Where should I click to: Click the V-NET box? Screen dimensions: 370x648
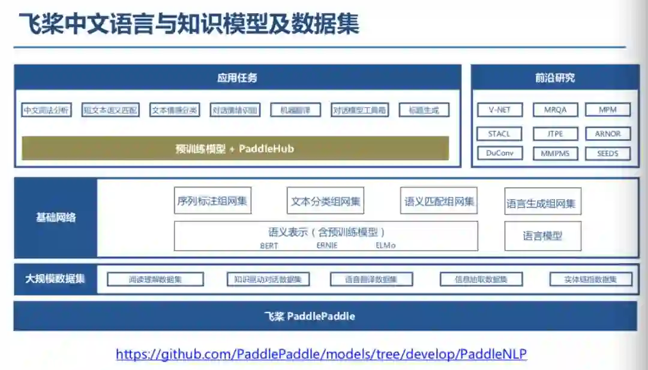pos(500,110)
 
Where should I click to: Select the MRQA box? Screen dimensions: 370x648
pos(555,110)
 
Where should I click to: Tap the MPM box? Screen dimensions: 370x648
pos(607,110)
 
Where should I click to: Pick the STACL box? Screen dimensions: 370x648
pos(500,133)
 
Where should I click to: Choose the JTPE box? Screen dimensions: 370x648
pos(555,133)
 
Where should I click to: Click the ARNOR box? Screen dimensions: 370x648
pos(607,133)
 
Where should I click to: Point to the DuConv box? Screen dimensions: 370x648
pos(500,153)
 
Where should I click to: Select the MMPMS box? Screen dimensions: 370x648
pos(555,153)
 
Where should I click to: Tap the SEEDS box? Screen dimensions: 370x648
pos(607,153)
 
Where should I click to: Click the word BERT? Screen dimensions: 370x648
pos(269,245)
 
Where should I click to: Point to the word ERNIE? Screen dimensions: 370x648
pos(327,245)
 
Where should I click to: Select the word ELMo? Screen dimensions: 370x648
pos(386,245)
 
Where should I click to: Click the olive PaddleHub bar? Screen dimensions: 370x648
pos(235,149)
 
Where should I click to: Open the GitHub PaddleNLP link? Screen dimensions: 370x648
pos(321,354)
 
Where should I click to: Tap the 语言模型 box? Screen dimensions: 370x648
pos(542,236)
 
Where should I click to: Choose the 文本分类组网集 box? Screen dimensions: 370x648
pos(326,201)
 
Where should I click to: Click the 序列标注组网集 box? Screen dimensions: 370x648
pos(212,201)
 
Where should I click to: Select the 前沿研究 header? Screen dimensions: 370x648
pos(555,77)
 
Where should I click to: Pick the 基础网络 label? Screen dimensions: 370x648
pos(56,217)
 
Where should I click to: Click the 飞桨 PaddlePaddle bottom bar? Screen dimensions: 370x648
pos(325,316)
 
